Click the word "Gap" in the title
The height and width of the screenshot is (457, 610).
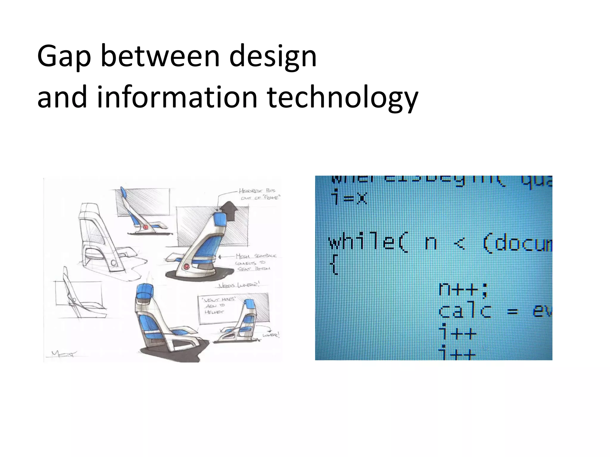(64, 57)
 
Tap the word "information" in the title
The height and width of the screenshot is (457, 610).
(177, 97)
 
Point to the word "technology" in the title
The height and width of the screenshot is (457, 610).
(343, 97)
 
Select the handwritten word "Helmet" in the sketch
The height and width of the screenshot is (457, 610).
(214, 312)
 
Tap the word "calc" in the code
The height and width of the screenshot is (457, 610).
(465, 311)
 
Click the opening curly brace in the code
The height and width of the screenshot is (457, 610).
(335, 266)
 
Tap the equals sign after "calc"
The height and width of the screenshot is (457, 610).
(512, 312)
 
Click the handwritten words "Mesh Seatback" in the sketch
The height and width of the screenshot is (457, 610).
(256, 256)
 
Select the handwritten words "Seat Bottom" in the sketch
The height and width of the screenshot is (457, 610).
(254, 269)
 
